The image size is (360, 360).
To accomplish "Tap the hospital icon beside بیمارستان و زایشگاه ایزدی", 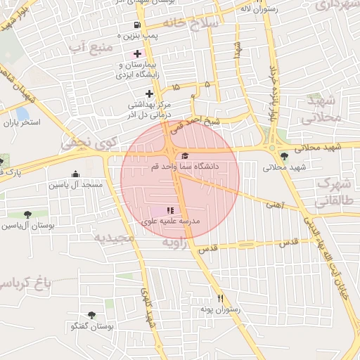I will point(137,53).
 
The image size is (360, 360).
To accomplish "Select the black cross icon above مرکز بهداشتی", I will point(149,94).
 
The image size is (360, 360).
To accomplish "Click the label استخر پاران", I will point(22,122).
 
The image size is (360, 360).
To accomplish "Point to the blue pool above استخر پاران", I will point(22,112).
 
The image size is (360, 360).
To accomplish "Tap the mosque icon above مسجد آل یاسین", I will point(76,174).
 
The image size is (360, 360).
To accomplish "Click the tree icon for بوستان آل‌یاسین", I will point(27,214).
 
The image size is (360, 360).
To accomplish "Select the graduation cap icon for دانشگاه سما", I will point(185,156).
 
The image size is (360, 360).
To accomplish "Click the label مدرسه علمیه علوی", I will point(172,221).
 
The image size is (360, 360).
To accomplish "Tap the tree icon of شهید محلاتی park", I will point(283,157).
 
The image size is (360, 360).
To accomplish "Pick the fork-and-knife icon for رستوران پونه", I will point(220,298).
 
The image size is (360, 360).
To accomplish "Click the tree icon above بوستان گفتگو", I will point(91,316).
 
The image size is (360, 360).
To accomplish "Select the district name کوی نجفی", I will point(85,143).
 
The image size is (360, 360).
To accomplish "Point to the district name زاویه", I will point(176,242).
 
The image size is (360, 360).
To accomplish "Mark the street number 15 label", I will point(175,86).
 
